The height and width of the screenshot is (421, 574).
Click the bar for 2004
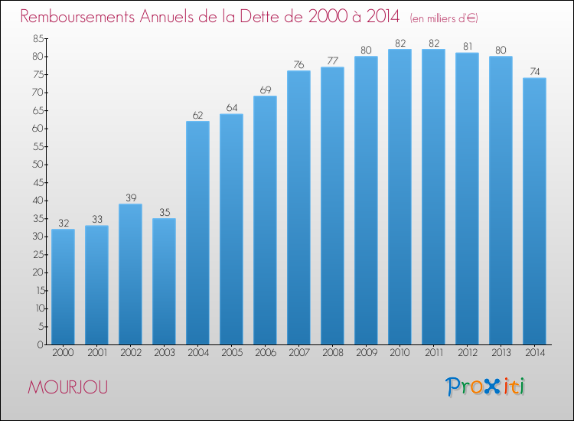pyautogui.click(x=197, y=233)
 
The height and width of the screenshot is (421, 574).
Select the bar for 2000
pyautogui.click(x=63, y=286)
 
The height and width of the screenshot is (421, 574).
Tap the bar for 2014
pyautogui.click(x=534, y=211)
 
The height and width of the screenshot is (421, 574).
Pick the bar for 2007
pyautogui.click(x=298, y=207)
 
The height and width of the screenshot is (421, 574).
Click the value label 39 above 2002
pyautogui.click(x=131, y=198)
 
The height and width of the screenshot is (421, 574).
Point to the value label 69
pyautogui.click(x=266, y=90)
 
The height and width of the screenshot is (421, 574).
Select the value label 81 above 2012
pyautogui.click(x=468, y=47)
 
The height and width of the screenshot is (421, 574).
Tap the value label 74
pyautogui.click(x=535, y=72)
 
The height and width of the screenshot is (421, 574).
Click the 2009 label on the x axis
pyautogui.click(x=367, y=353)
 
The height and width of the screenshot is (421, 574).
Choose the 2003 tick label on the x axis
pyautogui.click(x=165, y=353)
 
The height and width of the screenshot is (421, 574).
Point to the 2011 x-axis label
pyautogui.click(x=434, y=353)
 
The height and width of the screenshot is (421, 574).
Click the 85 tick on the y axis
pyautogui.click(x=38, y=38)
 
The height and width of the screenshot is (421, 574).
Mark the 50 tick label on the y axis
pyautogui.click(x=38, y=165)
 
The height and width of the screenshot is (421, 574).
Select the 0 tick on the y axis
pyautogui.click(x=41, y=344)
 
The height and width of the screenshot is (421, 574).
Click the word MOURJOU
pyautogui.click(x=68, y=387)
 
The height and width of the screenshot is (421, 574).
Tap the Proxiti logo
pyautogui.click(x=485, y=387)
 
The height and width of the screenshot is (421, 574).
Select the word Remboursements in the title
pyautogui.click(x=77, y=17)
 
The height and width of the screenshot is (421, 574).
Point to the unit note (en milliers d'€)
pyautogui.click(x=444, y=18)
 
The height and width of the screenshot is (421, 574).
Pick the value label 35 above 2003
pyautogui.click(x=165, y=213)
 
